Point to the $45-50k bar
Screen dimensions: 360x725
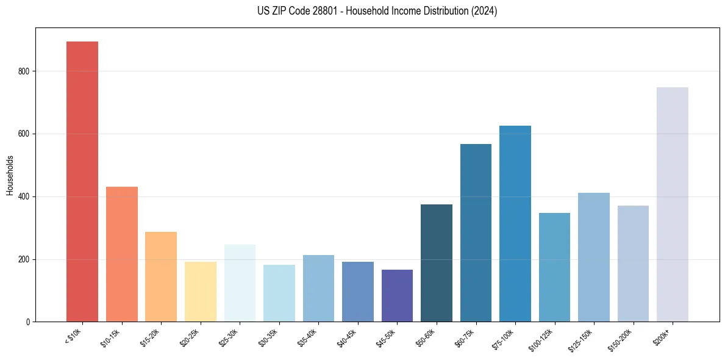point(397,296)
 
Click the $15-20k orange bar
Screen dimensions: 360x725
point(161,277)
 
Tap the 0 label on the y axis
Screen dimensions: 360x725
point(29,322)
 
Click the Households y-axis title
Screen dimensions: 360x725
point(10,175)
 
